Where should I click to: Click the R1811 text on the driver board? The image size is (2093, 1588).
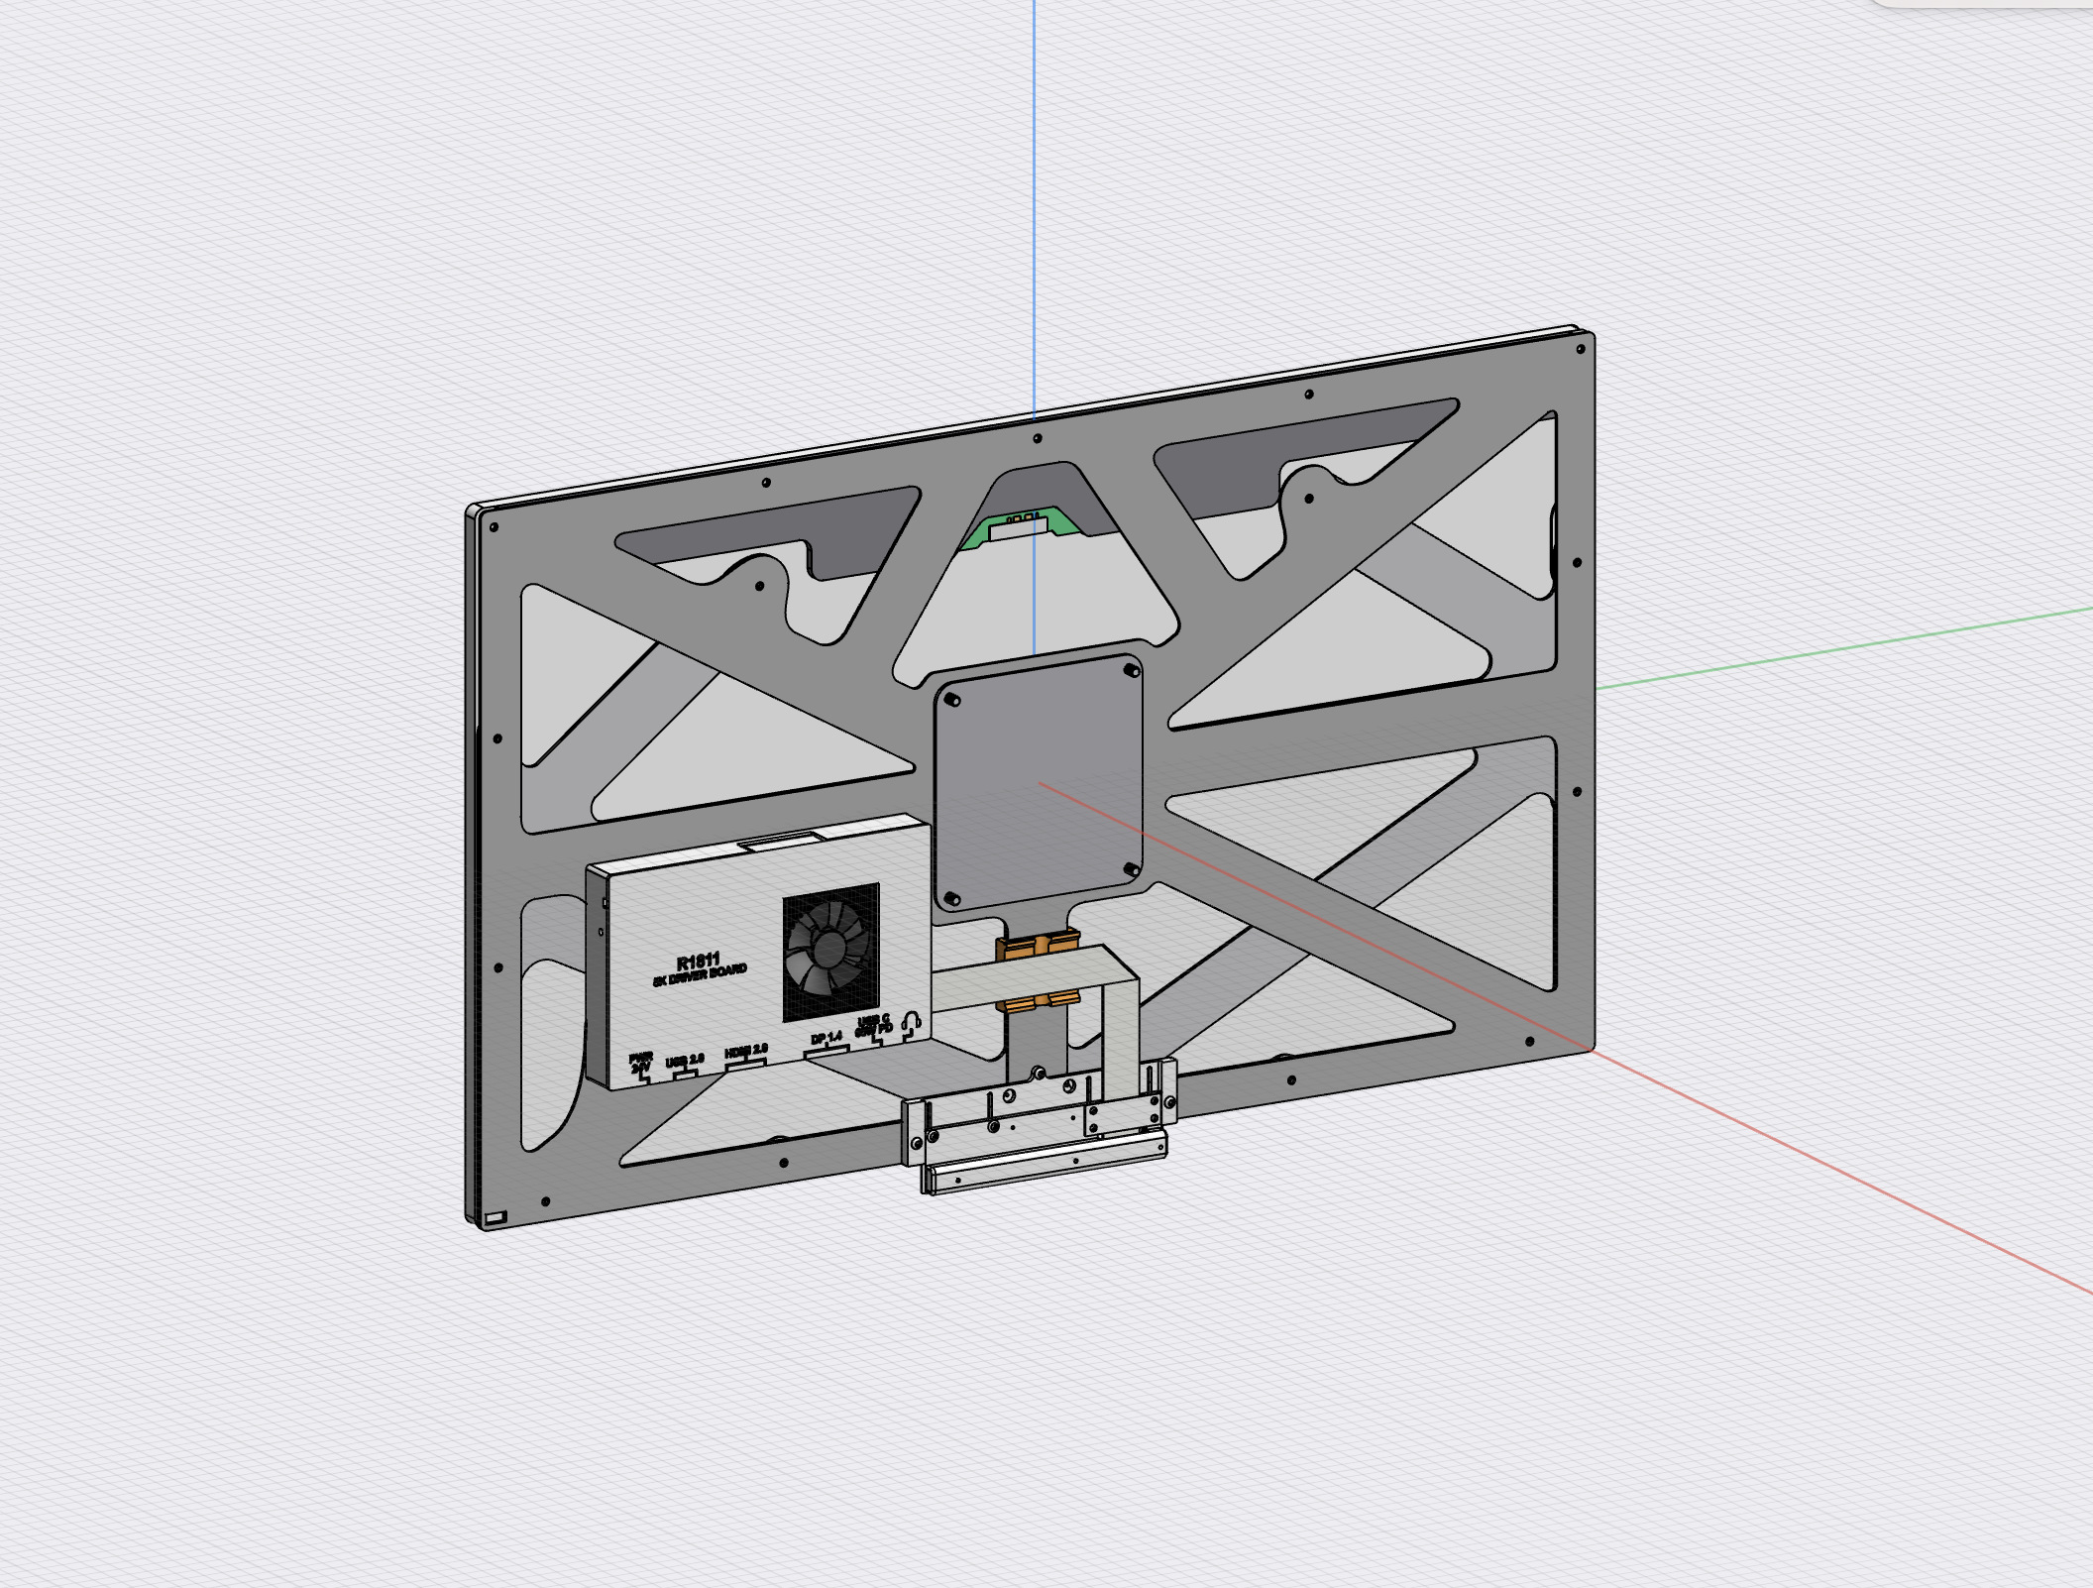point(699,962)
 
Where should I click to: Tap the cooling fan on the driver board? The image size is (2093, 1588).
point(830,952)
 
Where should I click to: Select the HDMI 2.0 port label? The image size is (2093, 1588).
point(746,1051)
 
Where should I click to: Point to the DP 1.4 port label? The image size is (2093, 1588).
point(826,1038)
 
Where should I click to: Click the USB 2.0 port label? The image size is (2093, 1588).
point(685,1061)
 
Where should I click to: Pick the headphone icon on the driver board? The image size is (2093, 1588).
point(913,1020)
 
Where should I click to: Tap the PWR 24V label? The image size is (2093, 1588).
point(641,1062)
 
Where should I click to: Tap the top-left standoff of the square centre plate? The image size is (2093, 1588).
point(953,700)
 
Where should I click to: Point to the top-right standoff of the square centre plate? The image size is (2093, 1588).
point(1129,671)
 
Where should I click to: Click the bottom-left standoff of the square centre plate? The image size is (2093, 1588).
point(952,898)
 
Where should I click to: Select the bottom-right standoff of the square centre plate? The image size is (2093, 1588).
point(1130,869)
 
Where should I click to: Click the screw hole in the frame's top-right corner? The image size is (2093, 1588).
point(1581,348)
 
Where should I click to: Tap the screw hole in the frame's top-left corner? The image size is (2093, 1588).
point(494,526)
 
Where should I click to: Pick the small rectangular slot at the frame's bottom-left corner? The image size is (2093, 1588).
point(496,1216)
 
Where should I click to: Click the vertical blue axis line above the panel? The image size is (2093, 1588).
point(1035,198)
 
